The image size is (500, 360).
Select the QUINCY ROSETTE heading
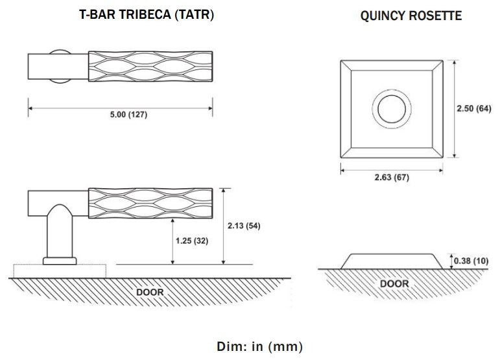411,16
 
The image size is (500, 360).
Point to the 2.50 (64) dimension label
473,108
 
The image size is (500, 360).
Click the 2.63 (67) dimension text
392,177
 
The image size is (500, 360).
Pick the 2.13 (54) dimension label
244,225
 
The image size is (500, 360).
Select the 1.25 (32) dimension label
192,240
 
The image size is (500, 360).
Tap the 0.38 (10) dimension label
471,260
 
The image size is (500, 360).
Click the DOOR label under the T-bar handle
150,292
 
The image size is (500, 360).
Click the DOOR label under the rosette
394,283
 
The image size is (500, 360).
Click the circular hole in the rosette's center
392,108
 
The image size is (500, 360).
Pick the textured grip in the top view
150,65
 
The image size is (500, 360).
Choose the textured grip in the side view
150,202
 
